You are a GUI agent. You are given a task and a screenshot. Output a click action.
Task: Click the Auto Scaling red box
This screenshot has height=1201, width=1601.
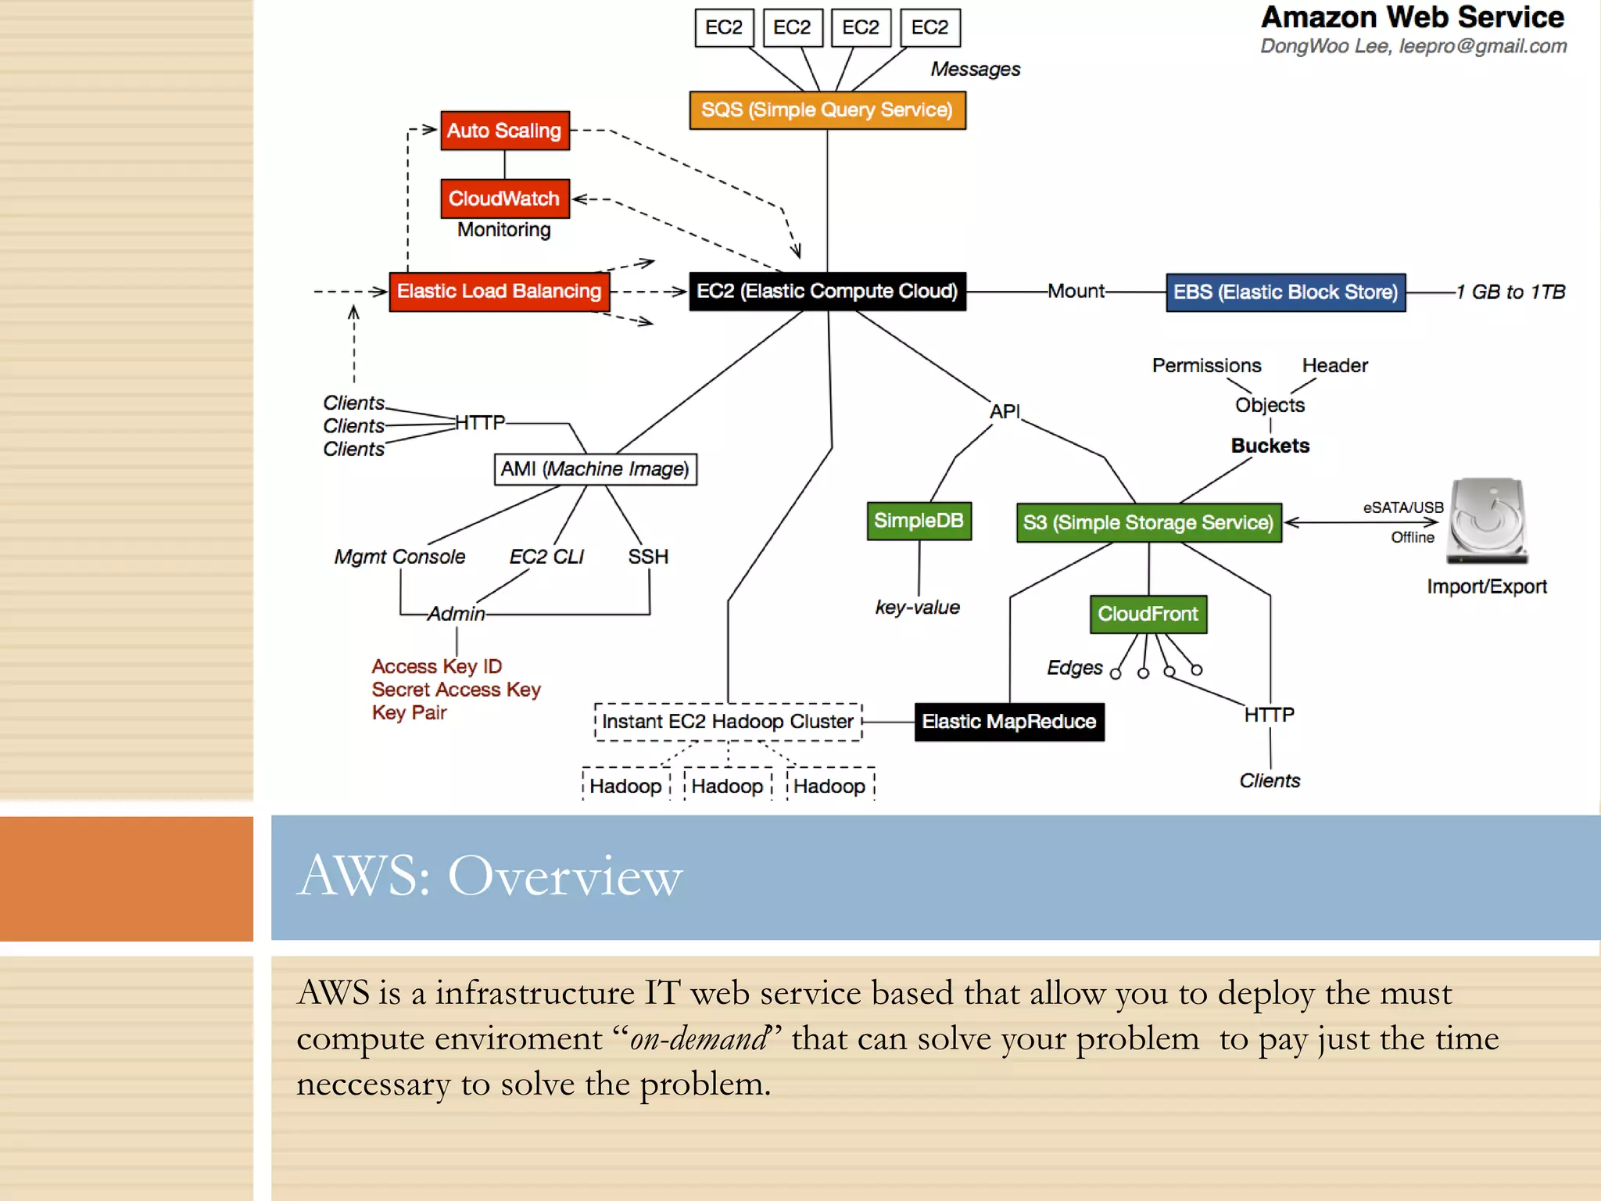coord(504,131)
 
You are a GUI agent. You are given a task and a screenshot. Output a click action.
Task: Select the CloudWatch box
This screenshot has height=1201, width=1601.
coord(504,199)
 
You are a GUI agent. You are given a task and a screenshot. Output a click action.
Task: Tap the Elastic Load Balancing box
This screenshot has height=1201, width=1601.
coord(499,292)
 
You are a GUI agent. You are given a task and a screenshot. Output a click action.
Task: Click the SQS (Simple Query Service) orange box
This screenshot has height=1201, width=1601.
coord(827,110)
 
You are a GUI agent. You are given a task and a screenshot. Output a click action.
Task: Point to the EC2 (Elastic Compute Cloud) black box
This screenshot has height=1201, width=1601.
coord(827,292)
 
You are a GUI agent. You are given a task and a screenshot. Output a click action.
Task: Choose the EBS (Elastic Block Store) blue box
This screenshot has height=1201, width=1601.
coord(1285,292)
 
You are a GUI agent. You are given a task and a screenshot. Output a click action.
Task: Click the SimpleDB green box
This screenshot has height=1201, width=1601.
coord(919,521)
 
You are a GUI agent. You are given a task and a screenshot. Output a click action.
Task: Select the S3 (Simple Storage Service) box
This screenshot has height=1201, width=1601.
coord(1148,522)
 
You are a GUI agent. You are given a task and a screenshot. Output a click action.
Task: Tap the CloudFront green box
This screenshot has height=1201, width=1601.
coord(1148,614)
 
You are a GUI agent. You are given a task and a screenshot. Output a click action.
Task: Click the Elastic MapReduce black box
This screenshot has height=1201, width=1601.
coord(1008,721)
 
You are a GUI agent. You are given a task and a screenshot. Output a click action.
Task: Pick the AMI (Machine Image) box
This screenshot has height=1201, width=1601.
coord(595,469)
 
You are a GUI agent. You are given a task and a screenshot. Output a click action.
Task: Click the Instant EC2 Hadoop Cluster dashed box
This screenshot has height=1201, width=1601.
coord(728,721)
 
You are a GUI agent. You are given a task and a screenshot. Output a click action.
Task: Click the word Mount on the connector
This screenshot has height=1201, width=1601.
coord(1076,292)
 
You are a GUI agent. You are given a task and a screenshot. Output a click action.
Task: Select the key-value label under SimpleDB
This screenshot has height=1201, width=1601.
coord(917,608)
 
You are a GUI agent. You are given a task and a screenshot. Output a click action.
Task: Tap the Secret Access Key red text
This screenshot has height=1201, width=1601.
coord(456,690)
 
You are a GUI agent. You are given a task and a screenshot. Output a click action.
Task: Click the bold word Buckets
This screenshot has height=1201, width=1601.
coord(1270,446)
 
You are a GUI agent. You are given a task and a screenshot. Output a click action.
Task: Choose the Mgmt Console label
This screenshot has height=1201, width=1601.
coord(399,557)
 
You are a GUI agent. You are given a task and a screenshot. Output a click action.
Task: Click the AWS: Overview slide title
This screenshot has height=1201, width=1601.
coord(489,876)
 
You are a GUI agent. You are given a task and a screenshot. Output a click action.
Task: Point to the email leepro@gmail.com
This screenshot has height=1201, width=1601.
coord(1482,46)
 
